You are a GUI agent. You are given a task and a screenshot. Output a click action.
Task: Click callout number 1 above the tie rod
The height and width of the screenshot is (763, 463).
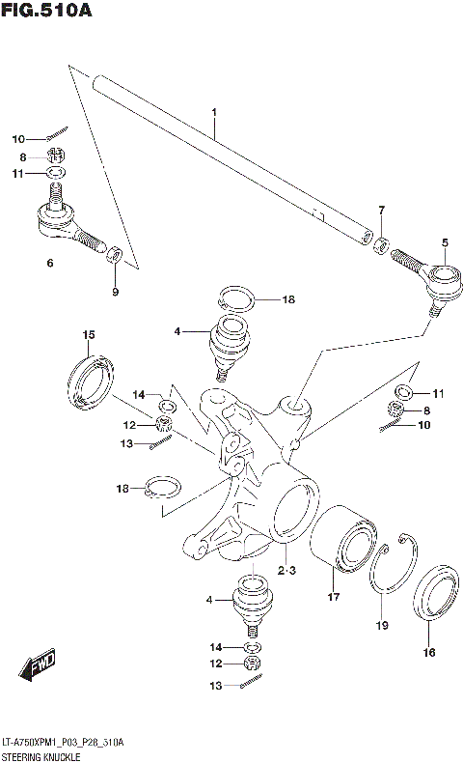tap(214, 113)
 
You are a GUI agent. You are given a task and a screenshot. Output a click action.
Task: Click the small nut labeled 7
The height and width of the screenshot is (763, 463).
tap(381, 242)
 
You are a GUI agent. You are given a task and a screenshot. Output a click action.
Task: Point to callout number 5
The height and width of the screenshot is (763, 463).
tap(445, 242)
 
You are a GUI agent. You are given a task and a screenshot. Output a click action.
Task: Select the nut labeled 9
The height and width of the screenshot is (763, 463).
tap(113, 255)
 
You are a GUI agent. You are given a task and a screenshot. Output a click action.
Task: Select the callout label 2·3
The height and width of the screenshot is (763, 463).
tap(286, 571)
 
